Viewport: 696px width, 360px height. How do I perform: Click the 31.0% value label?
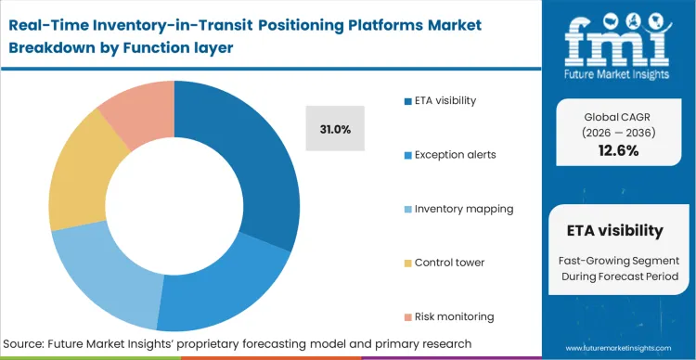click(335, 130)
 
